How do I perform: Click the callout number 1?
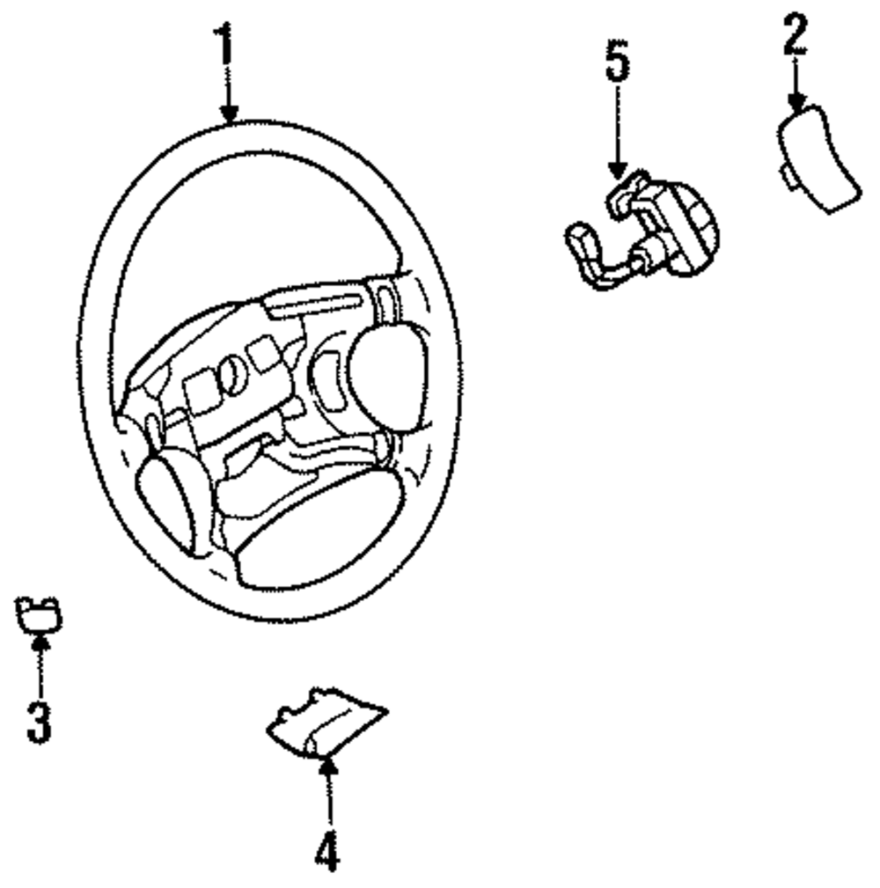click(226, 41)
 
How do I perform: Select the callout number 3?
click(38, 719)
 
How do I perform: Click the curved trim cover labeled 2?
click(819, 159)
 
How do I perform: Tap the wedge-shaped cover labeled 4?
click(326, 727)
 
